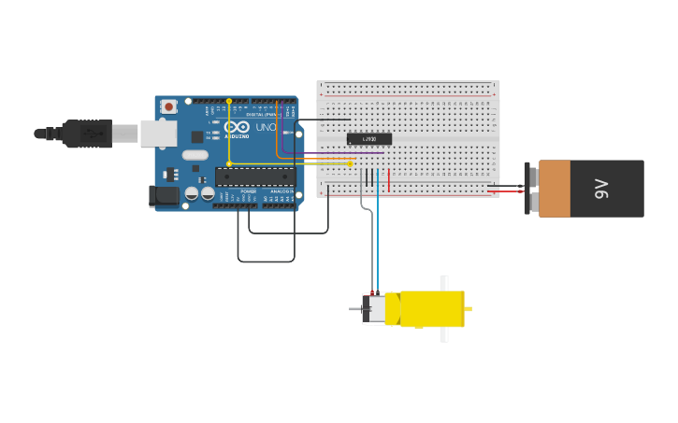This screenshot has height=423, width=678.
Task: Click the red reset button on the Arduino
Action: coord(168,106)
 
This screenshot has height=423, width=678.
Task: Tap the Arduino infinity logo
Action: coord(237,127)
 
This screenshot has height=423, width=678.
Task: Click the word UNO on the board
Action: coord(266,127)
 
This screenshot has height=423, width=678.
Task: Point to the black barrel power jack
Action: coord(164,195)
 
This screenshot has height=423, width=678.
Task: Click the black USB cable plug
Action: coord(89,134)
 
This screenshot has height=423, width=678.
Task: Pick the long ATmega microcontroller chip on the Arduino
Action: coord(255,176)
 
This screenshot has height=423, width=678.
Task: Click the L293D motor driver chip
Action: coord(369,139)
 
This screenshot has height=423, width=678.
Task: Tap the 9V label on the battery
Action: coord(602,189)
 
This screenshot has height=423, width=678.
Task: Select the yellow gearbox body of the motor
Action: coord(431,309)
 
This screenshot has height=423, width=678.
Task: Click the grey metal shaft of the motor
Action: coord(355,309)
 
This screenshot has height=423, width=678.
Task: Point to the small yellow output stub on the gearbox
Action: coord(468,309)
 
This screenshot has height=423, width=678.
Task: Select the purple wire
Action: coord(318,153)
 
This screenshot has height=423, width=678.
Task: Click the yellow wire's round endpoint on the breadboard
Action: coord(351,163)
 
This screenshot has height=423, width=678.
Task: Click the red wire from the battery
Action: coord(510,191)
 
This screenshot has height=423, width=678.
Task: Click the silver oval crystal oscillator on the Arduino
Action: coord(195,155)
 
